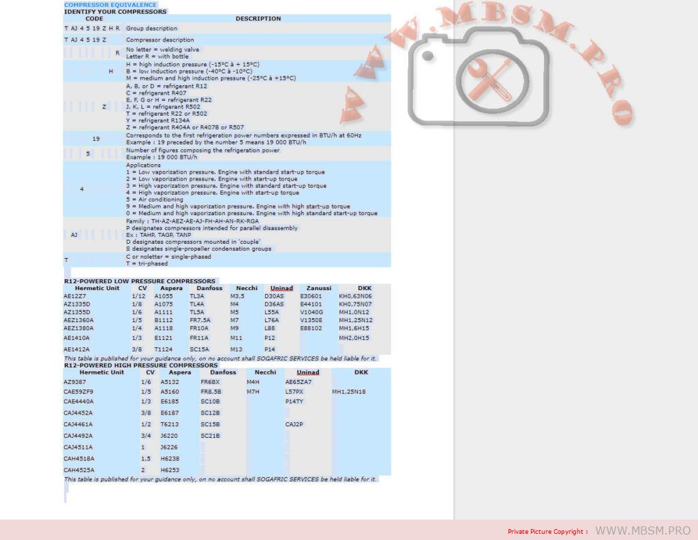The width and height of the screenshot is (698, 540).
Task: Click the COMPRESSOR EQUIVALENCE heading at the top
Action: pyautogui.click(x=110, y=5)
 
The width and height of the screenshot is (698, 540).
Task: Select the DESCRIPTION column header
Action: pyautogui.click(x=258, y=18)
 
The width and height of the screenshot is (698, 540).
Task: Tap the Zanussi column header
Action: pyautogui.click(x=319, y=288)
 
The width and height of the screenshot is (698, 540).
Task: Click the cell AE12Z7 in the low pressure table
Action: pyautogui.click(x=75, y=296)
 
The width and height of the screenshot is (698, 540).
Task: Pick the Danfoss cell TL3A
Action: pyautogui.click(x=197, y=296)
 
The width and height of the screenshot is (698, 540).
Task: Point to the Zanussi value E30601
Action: pyautogui.click(x=312, y=296)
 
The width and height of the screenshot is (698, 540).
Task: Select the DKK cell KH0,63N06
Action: pyautogui.click(x=355, y=296)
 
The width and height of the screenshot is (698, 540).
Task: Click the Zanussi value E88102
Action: pyautogui.click(x=312, y=328)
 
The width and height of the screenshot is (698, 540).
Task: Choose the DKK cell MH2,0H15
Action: pyautogui.click(x=354, y=338)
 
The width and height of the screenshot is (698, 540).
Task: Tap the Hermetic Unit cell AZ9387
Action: pyautogui.click(x=74, y=382)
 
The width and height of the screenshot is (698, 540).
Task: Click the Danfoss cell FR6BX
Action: pyautogui.click(x=210, y=382)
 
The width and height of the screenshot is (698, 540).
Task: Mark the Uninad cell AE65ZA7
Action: pyautogui.click(x=299, y=382)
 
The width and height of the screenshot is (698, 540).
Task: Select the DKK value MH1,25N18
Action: pyautogui.click(x=349, y=392)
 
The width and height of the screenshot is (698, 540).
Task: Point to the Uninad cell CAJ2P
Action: pyautogui.click(x=294, y=424)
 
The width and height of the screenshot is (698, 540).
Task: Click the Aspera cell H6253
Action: pyautogui.click(x=170, y=470)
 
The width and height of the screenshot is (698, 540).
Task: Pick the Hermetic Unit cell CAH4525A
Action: pyautogui.click(x=78, y=470)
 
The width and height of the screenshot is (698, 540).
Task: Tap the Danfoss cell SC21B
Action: pyautogui.click(x=210, y=435)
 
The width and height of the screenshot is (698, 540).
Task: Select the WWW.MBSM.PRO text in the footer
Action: pyautogui.click(x=643, y=530)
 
